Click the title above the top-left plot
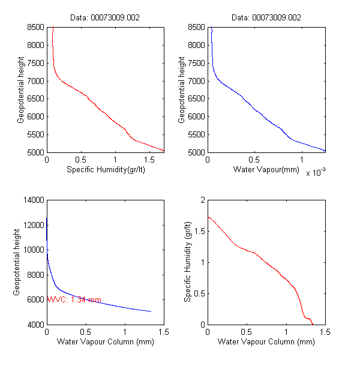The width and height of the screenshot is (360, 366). pyautogui.click(x=106, y=18)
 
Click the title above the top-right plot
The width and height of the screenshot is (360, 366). pyautogui.click(x=266, y=18)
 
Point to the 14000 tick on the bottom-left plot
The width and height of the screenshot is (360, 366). pyautogui.click(x=33, y=200)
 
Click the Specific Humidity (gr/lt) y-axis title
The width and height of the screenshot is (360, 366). pyautogui.click(x=188, y=262)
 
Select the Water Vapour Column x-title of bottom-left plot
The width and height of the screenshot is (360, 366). pyautogui.click(x=105, y=343)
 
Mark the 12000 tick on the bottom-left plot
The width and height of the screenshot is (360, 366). pyautogui.click(x=33, y=225)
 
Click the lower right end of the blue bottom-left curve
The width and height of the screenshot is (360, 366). pyautogui.click(x=151, y=311)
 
